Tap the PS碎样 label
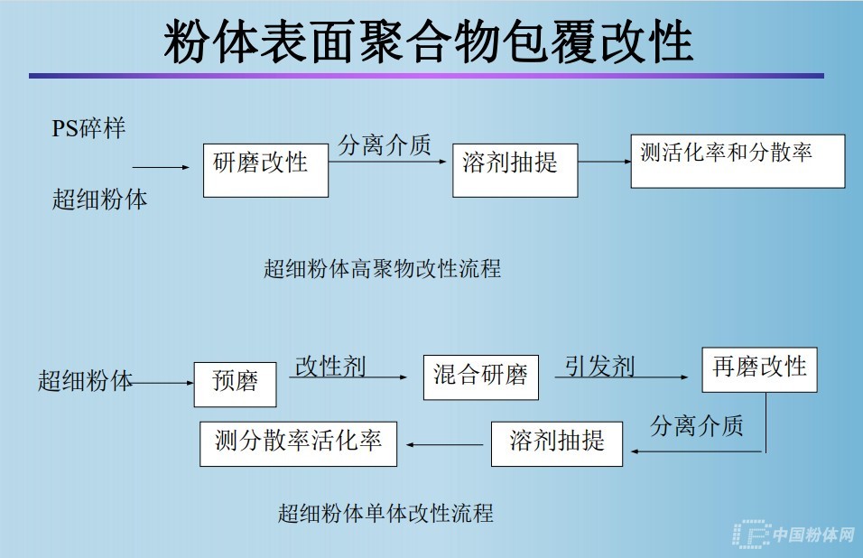[x=88, y=128]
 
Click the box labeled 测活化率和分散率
[x=737, y=161]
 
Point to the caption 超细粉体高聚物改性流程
[x=382, y=268]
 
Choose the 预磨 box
[x=235, y=383]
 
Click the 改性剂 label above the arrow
[x=330, y=367]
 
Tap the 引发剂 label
[x=599, y=367]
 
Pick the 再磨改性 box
[x=759, y=368]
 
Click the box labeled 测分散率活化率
[x=298, y=442]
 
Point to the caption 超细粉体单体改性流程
[x=385, y=514]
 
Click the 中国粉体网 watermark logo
[x=794, y=535]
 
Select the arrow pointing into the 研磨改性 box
[x=162, y=168]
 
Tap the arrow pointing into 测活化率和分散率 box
[x=604, y=162]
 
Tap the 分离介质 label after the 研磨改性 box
[x=385, y=144]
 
